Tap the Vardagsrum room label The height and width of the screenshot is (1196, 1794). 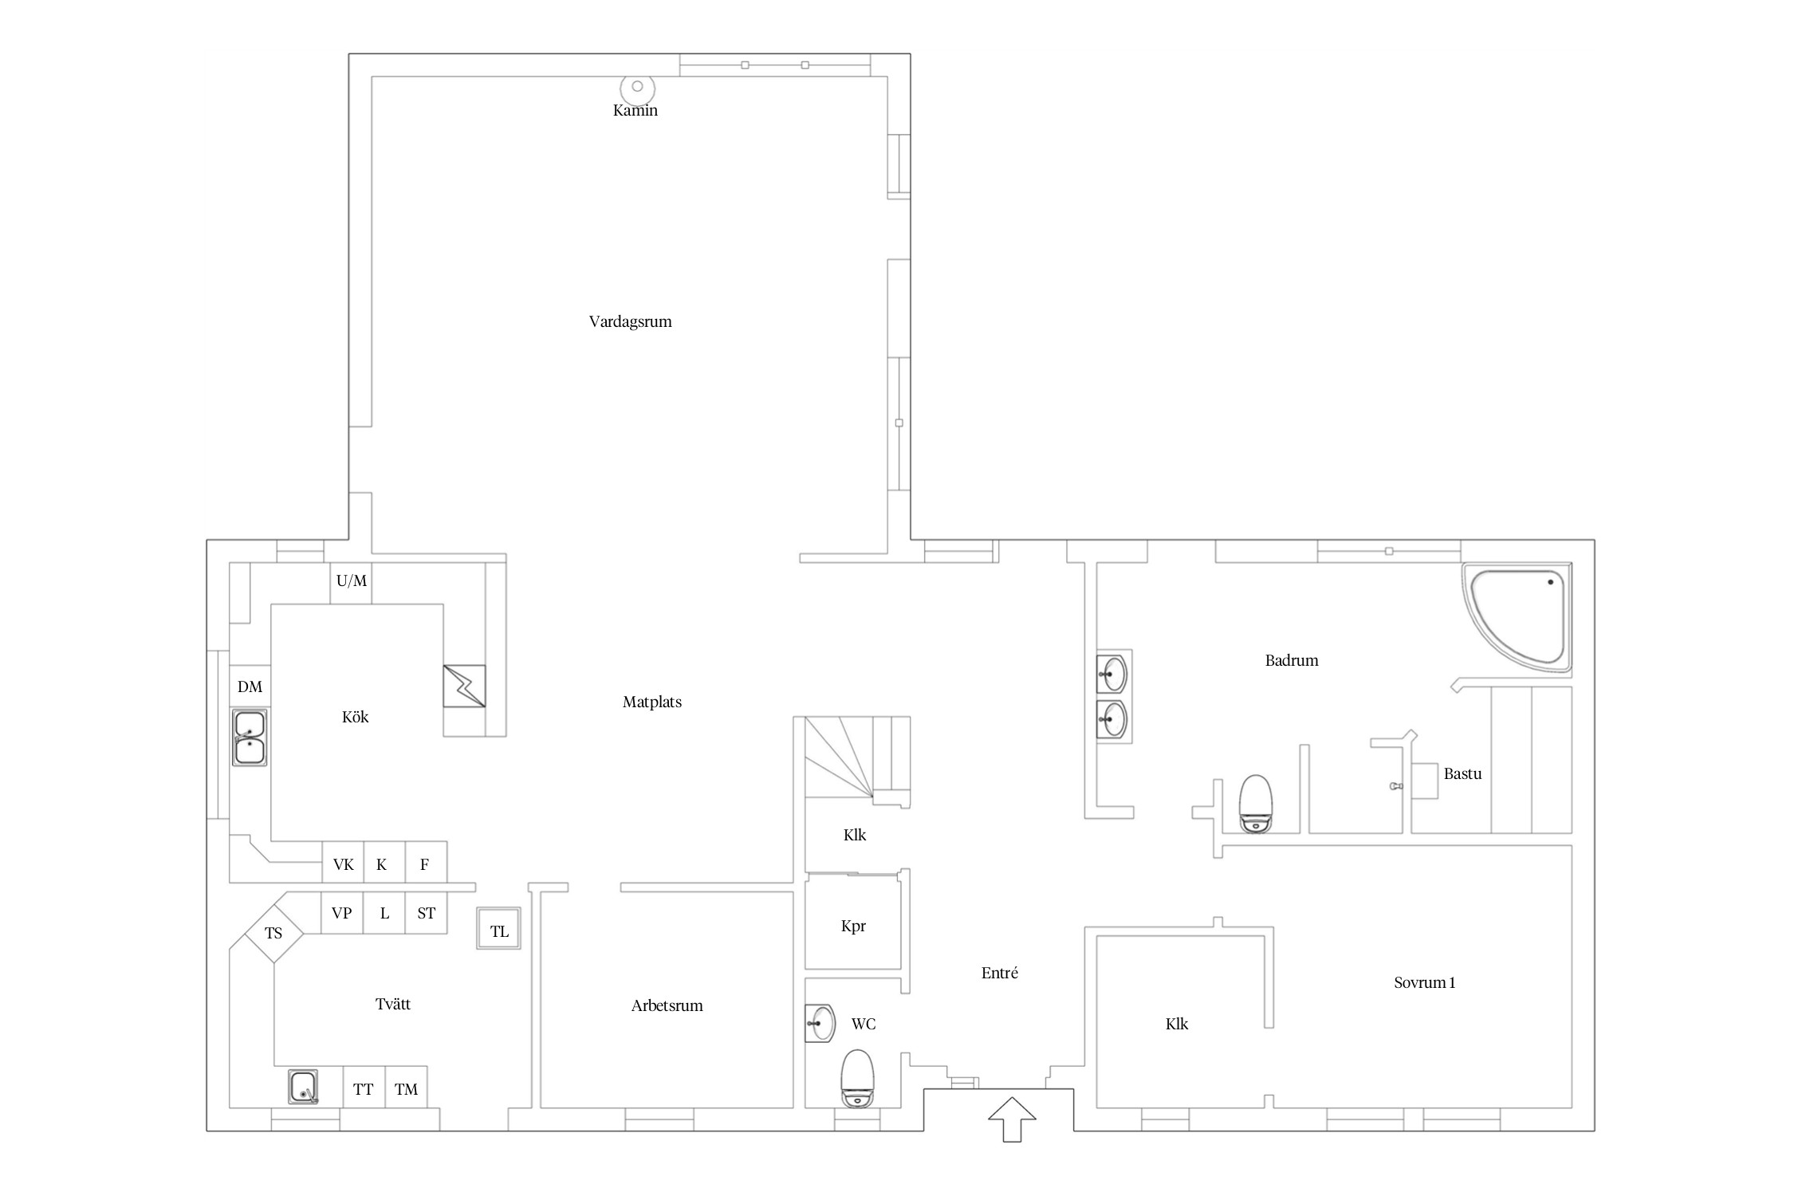(630, 321)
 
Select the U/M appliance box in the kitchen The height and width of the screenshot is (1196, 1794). (351, 583)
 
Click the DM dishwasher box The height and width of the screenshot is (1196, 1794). (250, 687)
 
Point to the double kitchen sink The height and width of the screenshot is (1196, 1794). (250, 738)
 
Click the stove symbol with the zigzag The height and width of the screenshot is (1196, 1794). (464, 686)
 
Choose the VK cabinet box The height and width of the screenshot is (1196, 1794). (343, 863)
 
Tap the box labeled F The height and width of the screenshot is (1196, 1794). (426, 863)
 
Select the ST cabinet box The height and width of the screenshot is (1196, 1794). (426, 913)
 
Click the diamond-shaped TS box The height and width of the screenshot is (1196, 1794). (273, 934)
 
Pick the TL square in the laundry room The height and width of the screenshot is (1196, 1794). (499, 928)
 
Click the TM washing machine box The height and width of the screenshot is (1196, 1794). (406, 1088)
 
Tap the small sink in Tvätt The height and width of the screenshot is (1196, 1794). (303, 1087)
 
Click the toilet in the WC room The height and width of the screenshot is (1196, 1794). (858, 1078)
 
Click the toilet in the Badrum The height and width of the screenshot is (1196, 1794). (1256, 803)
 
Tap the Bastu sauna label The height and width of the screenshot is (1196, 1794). (1463, 773)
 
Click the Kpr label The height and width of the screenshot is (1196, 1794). (853, 927)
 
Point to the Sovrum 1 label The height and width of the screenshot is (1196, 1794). (1425, 982)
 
